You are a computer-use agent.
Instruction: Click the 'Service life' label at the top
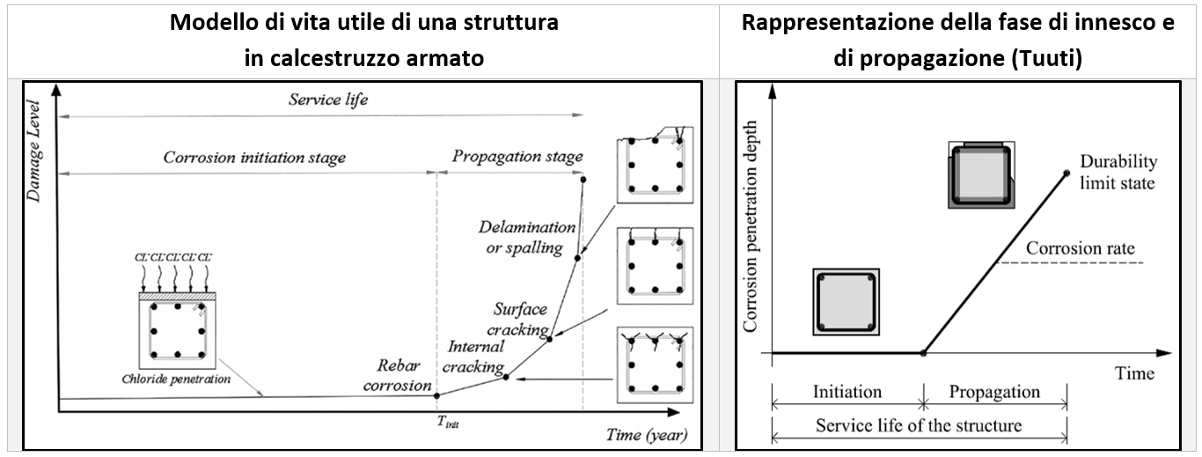328,100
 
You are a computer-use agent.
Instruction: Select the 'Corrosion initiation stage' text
254,158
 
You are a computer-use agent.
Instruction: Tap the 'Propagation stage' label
517,157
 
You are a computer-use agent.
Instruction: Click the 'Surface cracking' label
520,319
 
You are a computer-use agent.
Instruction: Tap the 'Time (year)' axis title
646,435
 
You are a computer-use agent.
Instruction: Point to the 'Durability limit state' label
1118,173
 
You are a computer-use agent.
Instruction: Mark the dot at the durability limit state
1066,172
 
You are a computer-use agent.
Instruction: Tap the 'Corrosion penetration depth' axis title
751,227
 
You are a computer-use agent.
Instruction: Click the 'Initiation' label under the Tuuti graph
847,392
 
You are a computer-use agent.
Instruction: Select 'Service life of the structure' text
919,425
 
